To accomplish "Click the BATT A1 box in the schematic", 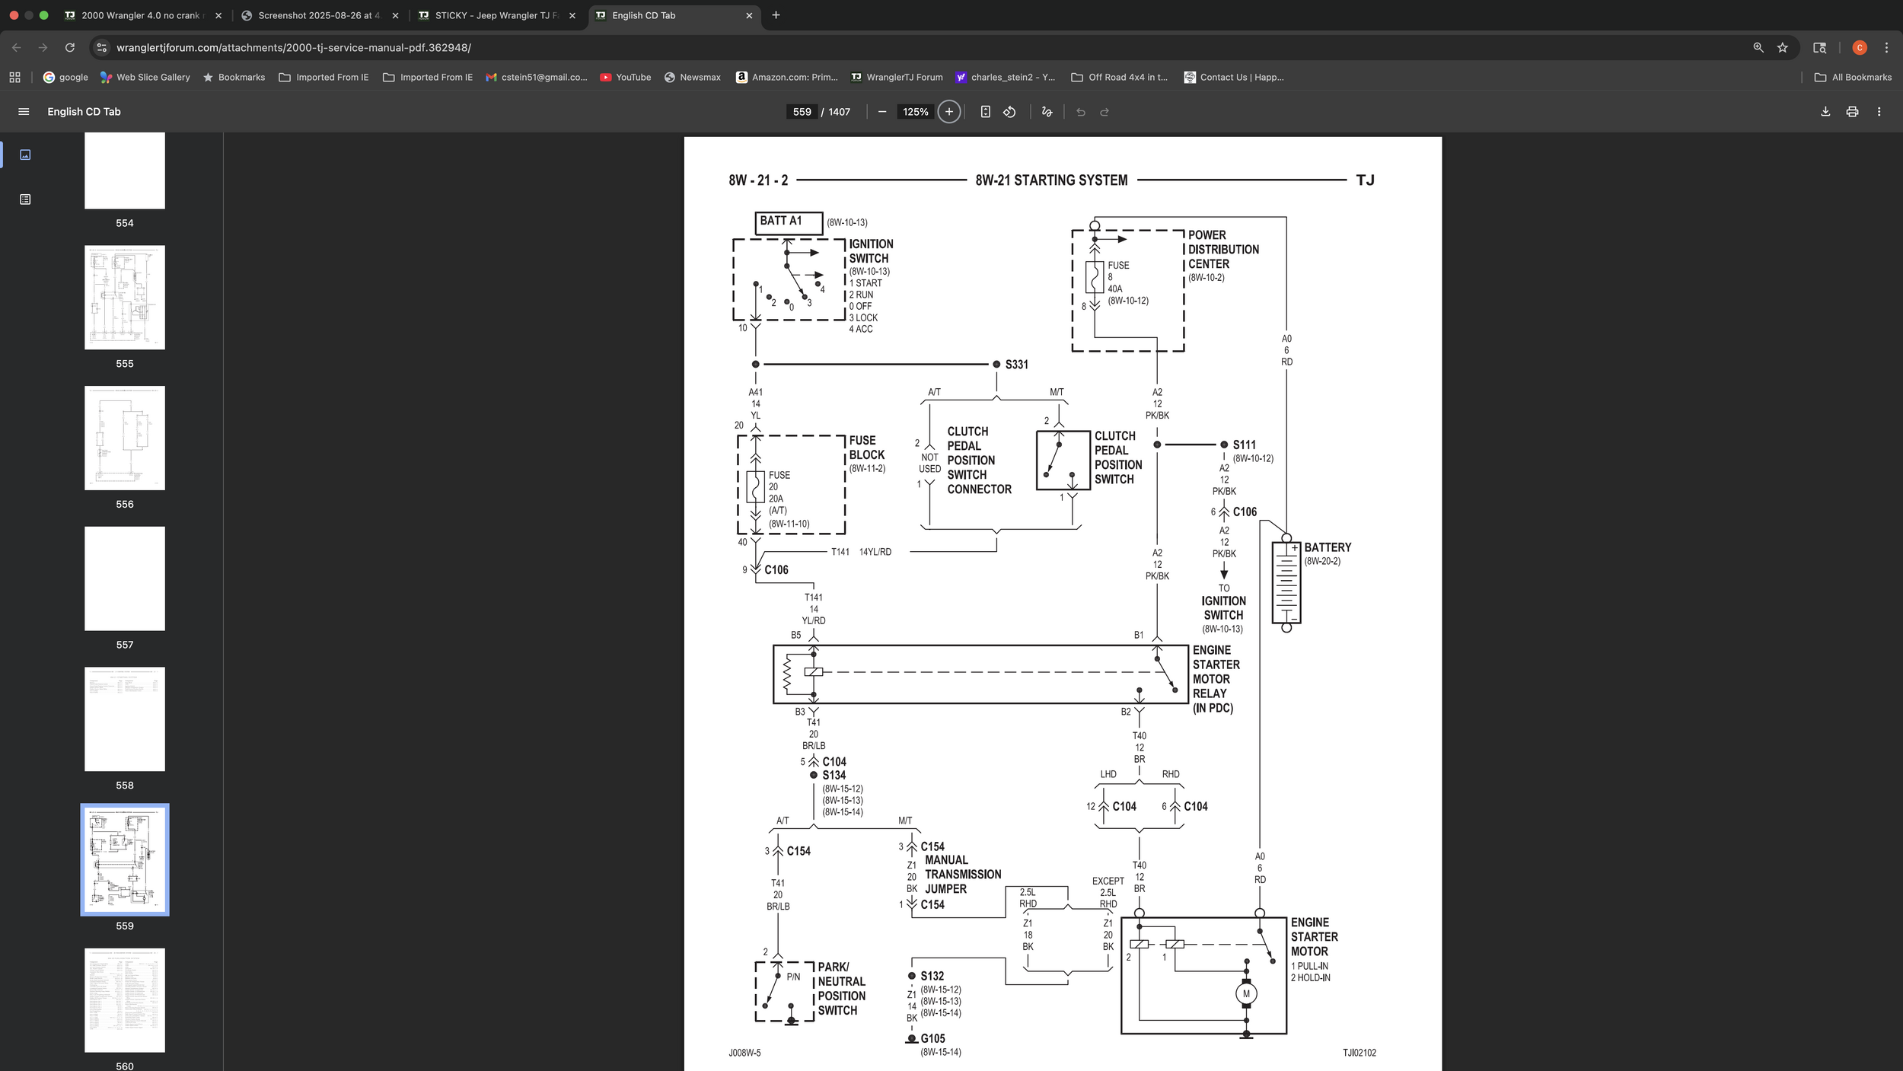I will pos(788,222).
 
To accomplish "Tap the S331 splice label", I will pos(1016,365).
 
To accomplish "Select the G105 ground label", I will pos(932,1038).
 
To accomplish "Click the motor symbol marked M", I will pos(1246,993).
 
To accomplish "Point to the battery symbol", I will pos(1286,582).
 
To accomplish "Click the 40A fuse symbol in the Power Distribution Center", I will pos(1095,278).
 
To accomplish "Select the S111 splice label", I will pos(1244,445).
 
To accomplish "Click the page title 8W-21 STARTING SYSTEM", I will pos(1051,180).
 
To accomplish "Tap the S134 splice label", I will pos(834,776).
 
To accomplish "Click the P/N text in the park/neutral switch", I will pos(793,977).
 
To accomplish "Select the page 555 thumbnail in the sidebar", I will pos(125,298).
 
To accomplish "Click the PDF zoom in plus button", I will pos(948,112).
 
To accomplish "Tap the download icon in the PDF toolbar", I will pos(1825,112).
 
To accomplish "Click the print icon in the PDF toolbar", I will pos(1852,112).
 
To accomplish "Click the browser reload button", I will pos(70,47).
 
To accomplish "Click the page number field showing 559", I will pos(802,112).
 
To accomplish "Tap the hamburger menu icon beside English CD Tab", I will pos(24,112).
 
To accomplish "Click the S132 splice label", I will pos(932,976).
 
